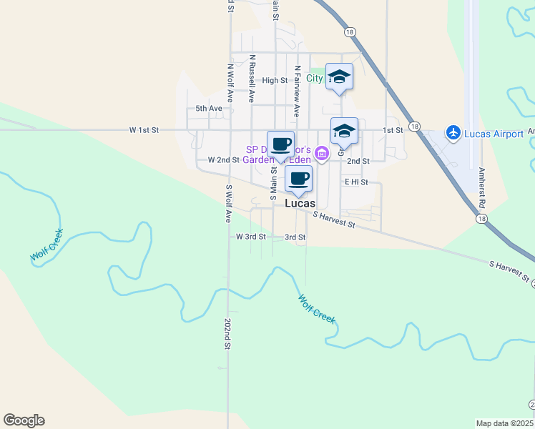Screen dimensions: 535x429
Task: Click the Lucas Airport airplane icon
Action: [452, 132]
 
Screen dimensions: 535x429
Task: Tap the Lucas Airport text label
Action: [493, 134]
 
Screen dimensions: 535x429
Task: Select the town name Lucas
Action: [300, 203]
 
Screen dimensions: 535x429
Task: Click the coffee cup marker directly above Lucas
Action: [298, 178]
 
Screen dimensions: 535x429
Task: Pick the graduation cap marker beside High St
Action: [338, 76]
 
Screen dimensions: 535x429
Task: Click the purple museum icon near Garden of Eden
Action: [321, 153]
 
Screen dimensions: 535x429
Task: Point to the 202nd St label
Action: [227, 333]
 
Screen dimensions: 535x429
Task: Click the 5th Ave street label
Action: [210, 109]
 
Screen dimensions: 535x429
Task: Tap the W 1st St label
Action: [144, 130]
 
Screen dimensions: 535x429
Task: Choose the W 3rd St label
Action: [251, 237]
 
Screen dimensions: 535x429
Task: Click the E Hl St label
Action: [355, 182]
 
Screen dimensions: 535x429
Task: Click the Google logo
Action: [24, 420]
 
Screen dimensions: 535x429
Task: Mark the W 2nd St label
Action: [223, 160]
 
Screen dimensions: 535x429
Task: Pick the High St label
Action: [275, 81]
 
